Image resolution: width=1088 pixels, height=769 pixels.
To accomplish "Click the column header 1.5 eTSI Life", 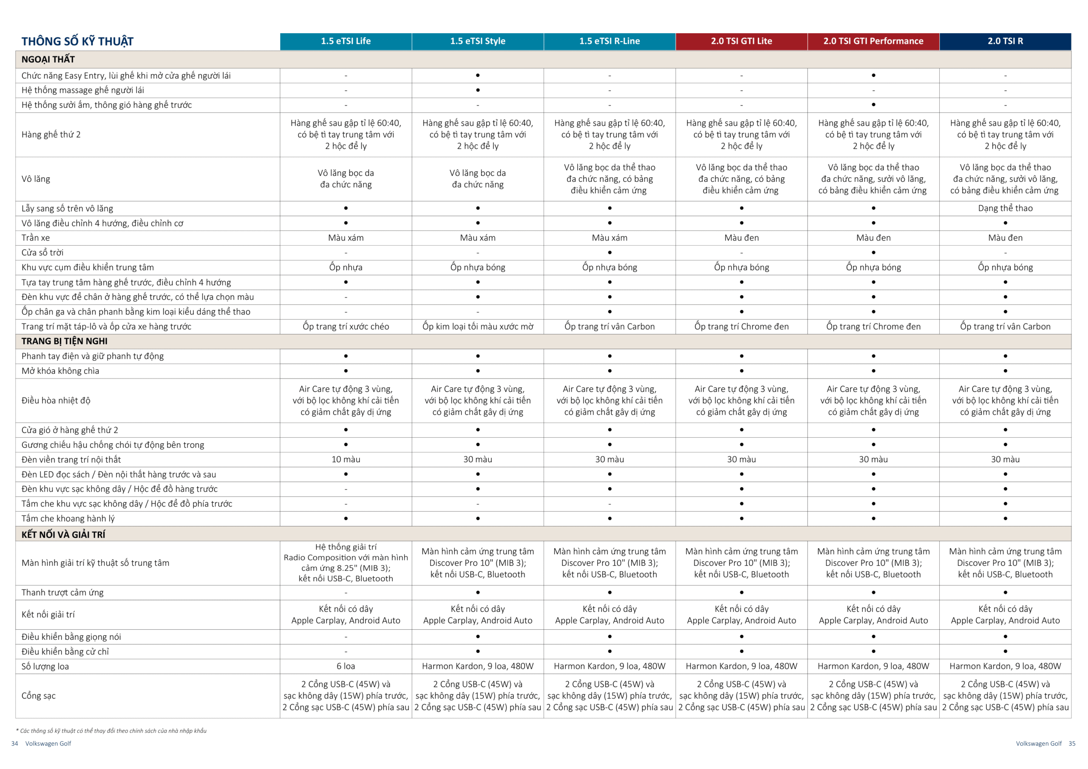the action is (346, 41).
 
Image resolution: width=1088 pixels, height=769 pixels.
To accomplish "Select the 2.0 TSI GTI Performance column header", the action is (873, 41).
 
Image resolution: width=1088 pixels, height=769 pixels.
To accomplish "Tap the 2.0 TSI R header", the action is (1005, 41).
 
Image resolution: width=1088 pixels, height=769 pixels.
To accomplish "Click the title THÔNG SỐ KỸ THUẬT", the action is (77, 42).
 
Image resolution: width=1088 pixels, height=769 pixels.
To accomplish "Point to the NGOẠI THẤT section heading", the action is (48, 59).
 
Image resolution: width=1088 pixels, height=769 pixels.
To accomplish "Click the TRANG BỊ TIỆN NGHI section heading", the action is (65, 341).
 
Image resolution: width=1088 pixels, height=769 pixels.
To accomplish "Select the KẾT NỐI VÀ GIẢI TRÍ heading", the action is (63, 534).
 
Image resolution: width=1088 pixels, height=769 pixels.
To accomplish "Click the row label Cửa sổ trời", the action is (42, 252).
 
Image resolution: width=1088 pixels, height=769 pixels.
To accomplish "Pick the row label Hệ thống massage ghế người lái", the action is (82, 90).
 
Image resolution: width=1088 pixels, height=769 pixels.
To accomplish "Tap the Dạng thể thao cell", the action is (1005, 208).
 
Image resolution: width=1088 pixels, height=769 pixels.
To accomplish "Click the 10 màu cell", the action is (346, 459).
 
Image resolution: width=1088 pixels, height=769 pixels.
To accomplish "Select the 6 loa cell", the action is (346, 666).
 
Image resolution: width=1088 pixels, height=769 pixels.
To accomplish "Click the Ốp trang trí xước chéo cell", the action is (346, 326).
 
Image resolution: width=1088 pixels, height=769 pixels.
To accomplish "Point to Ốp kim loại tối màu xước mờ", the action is (478, 326).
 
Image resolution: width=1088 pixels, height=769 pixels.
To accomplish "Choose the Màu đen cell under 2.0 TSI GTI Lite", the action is (742, 238).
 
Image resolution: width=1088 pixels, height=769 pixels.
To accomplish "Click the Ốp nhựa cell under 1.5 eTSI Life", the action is (346, 267).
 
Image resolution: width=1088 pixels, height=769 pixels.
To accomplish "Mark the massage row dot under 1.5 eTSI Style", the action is (478, 90).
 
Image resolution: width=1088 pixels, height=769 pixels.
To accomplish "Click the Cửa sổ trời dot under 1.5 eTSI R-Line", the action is (610, 252).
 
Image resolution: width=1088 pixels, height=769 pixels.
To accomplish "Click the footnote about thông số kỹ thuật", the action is (111, 731).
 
